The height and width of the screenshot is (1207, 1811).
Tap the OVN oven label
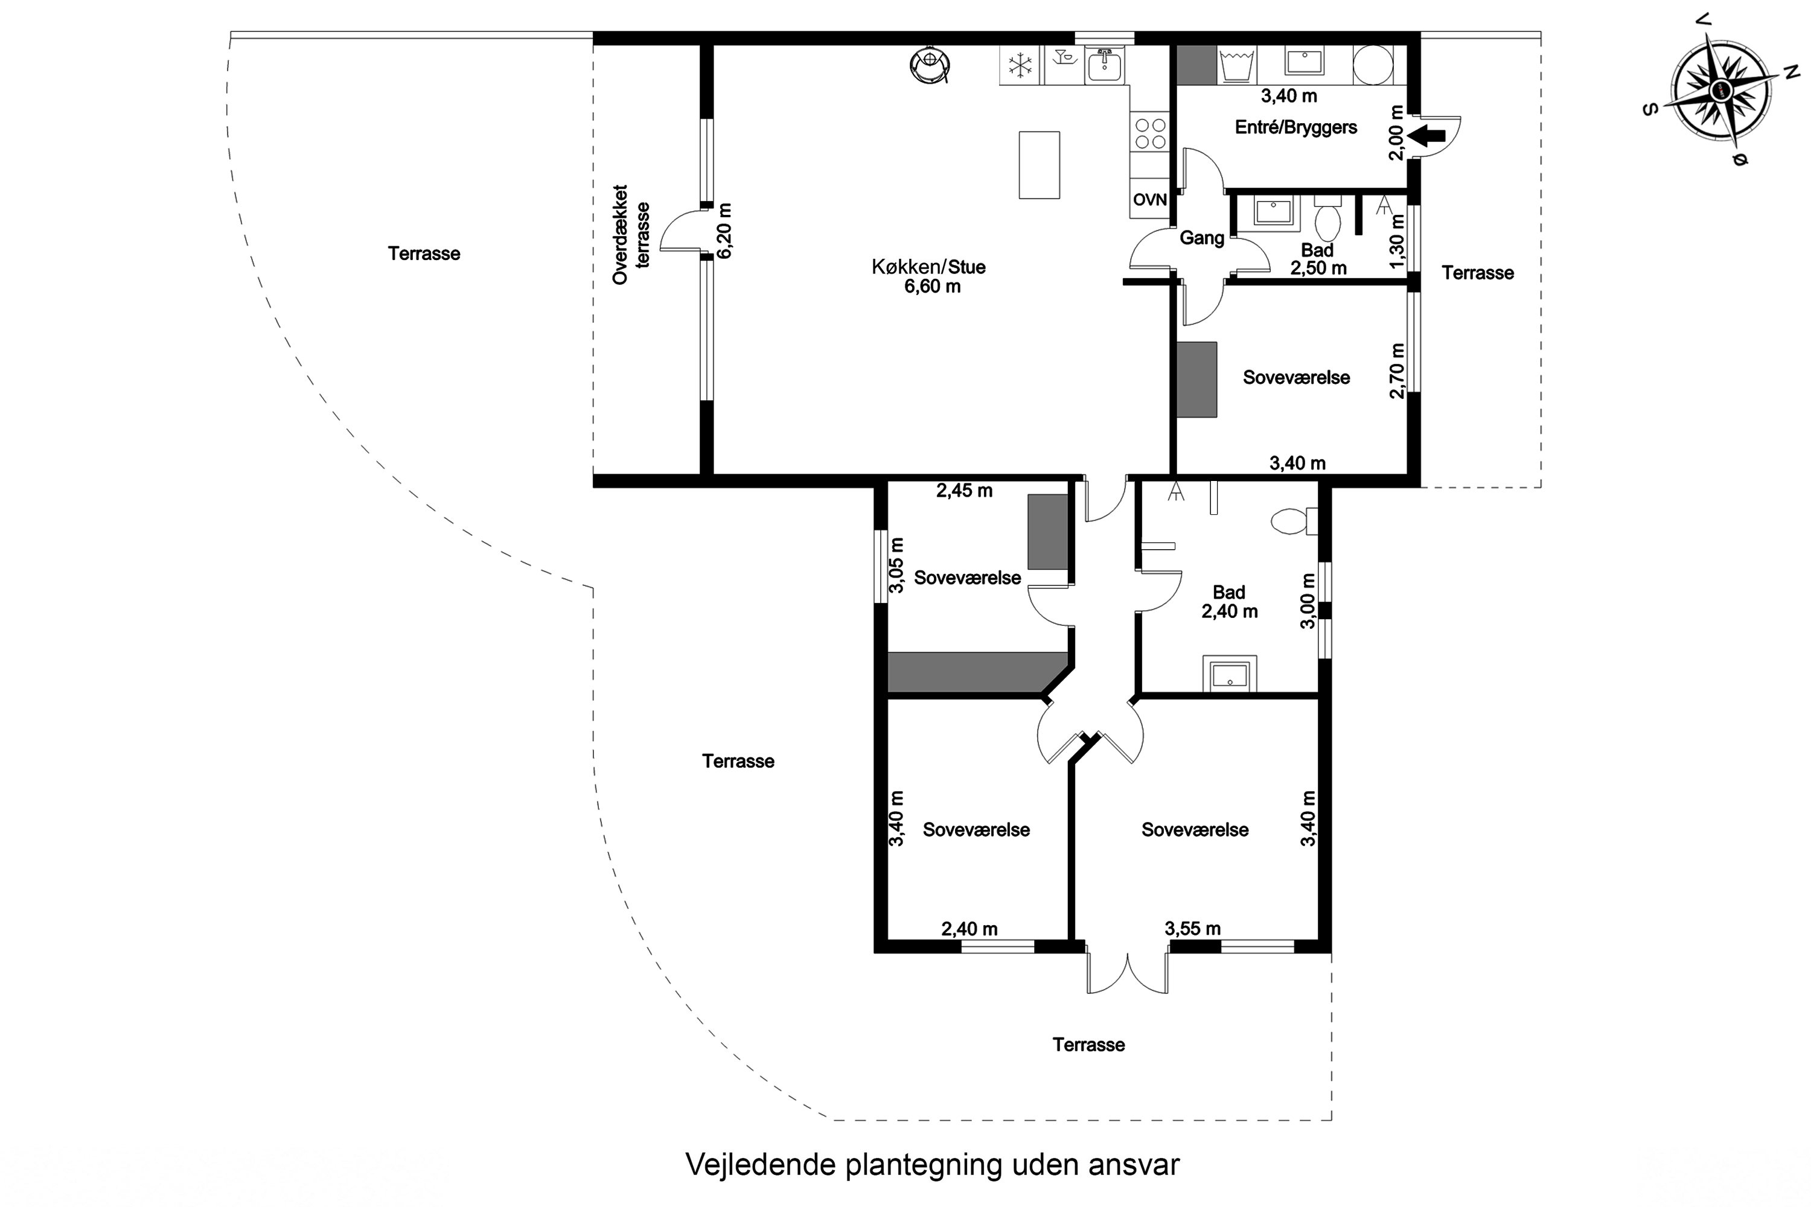[x=1149, y=199]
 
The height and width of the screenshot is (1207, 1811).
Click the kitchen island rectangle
[x=1039, y=165]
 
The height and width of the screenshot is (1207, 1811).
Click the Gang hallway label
[x=1201, y=238]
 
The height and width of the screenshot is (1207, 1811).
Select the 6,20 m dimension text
[x=724, y=231]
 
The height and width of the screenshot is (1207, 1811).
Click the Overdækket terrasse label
[x=631, y=234]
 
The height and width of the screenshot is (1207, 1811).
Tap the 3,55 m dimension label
[x=1193, y=928]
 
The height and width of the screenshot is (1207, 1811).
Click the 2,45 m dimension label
[x=964, y=490]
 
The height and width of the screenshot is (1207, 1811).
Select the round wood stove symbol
[x=930, y=65]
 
